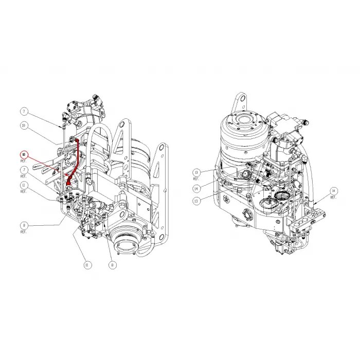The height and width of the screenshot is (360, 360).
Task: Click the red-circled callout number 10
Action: tap(24, 154)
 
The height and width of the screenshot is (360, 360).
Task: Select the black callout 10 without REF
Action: tap(24, 125)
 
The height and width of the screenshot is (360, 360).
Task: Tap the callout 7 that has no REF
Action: tap(24, 111)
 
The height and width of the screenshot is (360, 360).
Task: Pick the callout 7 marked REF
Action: tap(24, 170)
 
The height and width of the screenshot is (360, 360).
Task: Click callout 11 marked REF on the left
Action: tap(24, 185)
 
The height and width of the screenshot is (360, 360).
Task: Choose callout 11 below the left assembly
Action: tap(86, 265)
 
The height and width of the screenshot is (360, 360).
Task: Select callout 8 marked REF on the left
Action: tap(24, 225)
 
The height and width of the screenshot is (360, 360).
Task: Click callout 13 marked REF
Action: tap(196, 172)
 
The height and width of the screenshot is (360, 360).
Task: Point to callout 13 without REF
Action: tap(196, 202)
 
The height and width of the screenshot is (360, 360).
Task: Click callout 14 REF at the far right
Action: tap(333, 190)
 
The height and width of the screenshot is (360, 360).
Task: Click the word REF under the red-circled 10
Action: tap(24, 161)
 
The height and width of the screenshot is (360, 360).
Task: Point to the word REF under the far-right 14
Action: tap(333, 197)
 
